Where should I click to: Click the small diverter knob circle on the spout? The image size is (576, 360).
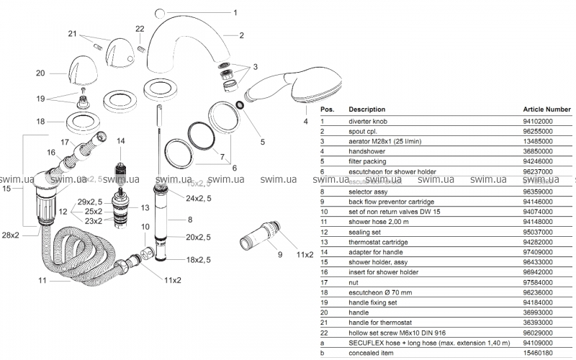tap(160, 12)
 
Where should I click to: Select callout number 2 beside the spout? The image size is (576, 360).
tap(242, 35)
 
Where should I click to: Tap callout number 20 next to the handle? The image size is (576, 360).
tap(40, 73)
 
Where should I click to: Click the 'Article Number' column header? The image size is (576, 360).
tap(546, 109)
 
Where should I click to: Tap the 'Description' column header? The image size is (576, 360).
tap(366, 109)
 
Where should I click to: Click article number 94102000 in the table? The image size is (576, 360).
tap(538, 122)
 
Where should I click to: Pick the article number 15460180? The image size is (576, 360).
tap(538, 354)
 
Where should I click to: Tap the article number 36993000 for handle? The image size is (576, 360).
tap(538, 313)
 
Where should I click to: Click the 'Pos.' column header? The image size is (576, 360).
tap(327, 109)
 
